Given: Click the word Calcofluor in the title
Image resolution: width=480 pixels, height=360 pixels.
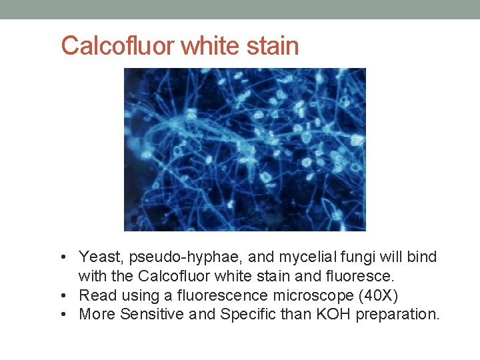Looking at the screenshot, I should coord(118,46).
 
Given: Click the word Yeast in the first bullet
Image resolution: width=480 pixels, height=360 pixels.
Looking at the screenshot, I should coord(98,257).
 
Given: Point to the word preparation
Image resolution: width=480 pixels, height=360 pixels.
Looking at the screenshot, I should coord(397,315).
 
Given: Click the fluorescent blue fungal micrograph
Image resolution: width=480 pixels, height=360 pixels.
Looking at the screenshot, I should coord(245,149).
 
